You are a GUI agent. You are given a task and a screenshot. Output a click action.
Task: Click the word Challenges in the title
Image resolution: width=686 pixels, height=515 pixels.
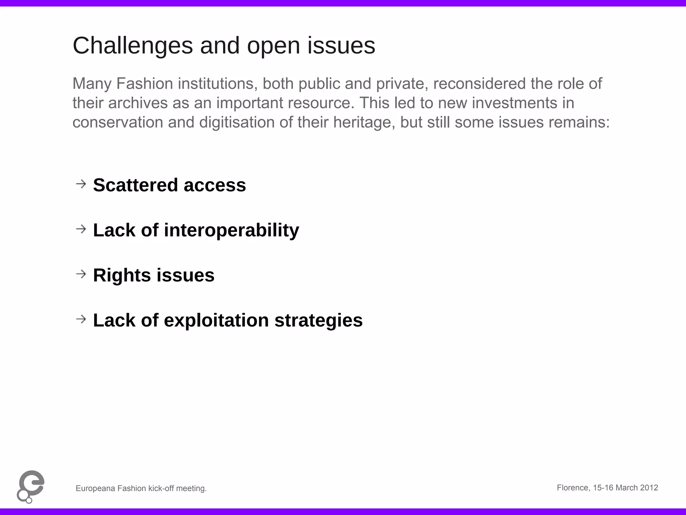[x=133, y=46]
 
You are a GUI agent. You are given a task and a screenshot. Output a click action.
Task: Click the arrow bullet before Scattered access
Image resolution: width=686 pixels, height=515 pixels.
[x=81, y=184]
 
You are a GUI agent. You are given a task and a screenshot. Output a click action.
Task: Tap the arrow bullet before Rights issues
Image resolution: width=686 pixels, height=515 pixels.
[x=81, y=274]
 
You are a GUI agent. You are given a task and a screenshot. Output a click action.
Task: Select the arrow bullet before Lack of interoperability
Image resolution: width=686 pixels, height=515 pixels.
[x=81, y=229]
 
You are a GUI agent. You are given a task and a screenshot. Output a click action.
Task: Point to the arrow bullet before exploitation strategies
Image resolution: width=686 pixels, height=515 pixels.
[x=81, y=319]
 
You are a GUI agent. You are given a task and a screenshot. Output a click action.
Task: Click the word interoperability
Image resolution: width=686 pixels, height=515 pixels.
[x=231, y=230]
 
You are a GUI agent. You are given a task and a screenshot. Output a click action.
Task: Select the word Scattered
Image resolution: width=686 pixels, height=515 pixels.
[x=135, y=185]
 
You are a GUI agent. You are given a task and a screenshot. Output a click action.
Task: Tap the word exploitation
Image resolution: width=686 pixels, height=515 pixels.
[x=216, y=321]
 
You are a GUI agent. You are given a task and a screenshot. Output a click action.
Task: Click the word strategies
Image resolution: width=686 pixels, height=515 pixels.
[x=319, y=321]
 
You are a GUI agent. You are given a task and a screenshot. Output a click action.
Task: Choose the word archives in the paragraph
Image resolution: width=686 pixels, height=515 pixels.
[x=138, y=103]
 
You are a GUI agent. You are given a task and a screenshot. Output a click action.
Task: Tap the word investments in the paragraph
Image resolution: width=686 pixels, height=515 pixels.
[x=514, y=103]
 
